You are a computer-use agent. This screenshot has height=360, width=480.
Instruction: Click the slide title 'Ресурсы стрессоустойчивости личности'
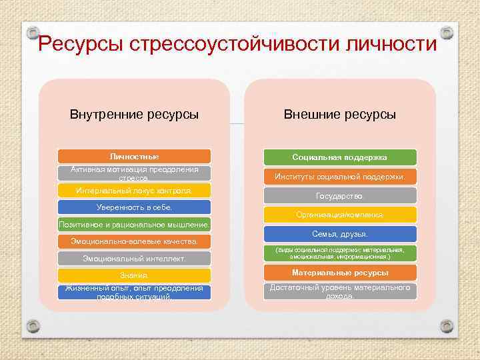coord(238,45)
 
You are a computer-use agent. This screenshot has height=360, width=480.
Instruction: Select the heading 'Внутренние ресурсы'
coord(134,114)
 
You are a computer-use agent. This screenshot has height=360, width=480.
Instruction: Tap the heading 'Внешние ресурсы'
coord(340,114)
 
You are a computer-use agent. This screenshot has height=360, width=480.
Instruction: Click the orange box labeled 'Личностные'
coord(134,157)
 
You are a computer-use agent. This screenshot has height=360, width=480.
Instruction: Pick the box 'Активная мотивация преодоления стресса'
coord(134,173)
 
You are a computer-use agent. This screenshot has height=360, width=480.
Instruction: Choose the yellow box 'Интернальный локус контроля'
coord(134,191)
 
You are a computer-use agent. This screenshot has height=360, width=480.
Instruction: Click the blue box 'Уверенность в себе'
coord(134,207)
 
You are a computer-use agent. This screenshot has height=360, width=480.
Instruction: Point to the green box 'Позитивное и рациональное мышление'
coord(134,225)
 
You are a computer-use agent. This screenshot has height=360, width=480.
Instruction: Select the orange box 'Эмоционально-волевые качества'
coord(134,241)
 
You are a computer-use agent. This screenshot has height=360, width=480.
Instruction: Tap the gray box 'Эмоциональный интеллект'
coord(134,258)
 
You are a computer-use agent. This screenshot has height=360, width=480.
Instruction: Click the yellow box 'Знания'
coord(134,275)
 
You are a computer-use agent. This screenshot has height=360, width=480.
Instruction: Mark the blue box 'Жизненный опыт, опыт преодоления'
coord(134,292)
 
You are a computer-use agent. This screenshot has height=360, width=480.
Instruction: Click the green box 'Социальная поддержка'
coord(340,157)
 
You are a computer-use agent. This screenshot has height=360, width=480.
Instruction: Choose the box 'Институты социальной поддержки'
coord(340,177)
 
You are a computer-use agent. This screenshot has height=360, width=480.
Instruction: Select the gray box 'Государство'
coord(340,196)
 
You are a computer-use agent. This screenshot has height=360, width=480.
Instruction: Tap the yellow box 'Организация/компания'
coord(340,215)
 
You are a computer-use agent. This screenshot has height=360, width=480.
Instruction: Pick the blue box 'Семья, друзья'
coord(340,234)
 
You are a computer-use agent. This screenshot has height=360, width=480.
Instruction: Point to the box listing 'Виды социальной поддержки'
coord(340,253)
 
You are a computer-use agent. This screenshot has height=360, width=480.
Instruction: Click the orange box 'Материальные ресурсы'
coord(340,273)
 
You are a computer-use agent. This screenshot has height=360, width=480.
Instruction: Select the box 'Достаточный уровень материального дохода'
coord(340,291)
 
